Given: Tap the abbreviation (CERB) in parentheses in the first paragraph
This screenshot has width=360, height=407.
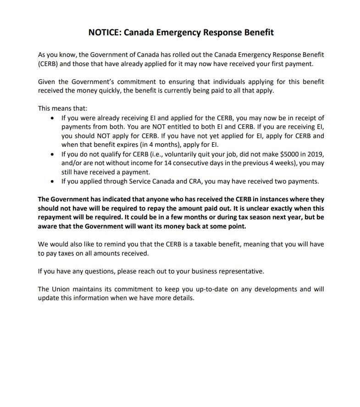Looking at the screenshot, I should tap(49, 64).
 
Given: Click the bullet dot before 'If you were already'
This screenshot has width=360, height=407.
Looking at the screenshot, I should tap(52, 118).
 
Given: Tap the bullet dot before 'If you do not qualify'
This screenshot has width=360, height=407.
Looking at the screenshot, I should tap(52, 154).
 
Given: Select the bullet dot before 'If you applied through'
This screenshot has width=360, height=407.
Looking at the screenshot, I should tap(52, 182).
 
